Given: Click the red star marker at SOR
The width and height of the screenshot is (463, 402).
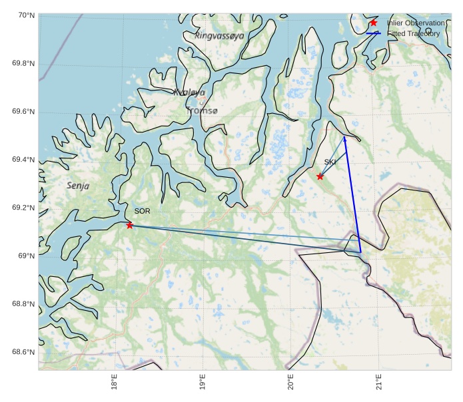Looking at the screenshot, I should point(129,225).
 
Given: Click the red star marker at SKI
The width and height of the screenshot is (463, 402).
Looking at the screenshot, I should point(320,176).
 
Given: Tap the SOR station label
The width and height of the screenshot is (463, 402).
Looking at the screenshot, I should point(142,211).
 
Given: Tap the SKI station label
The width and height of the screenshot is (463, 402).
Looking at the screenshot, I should point(331,162).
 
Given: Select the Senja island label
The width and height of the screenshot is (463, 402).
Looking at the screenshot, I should point(79,186).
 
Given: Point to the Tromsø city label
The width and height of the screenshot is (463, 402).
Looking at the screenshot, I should point(203,110).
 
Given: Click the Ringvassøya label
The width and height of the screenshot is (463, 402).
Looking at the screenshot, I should point(220,35).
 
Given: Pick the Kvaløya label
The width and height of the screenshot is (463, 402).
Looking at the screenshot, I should point(189,93).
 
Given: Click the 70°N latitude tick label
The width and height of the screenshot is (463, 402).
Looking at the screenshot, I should point(26,15).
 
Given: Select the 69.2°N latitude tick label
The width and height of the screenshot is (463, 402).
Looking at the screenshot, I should point(24,208).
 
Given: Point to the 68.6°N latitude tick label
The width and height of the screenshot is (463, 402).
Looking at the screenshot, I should point(24,352).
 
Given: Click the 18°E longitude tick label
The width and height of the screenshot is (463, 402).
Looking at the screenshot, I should point(115,384).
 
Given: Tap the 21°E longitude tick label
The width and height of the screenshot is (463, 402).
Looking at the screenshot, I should point(378,384).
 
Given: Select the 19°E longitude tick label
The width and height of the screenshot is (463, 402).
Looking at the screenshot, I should point(203,384).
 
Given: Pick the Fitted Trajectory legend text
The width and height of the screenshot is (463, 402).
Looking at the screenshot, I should point(413,33).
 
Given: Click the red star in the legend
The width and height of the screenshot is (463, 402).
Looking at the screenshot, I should point(374,23).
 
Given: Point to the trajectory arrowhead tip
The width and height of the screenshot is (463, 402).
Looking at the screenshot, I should point(344,136).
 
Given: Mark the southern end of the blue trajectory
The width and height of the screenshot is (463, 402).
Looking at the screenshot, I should point(360,253).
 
